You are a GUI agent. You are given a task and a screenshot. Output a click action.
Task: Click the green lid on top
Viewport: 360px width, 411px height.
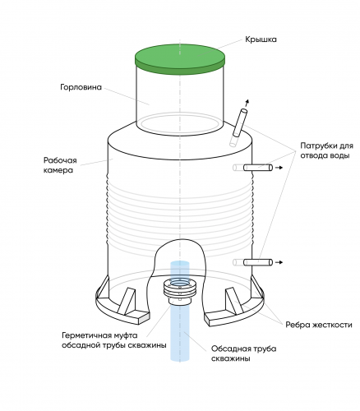(180, 59)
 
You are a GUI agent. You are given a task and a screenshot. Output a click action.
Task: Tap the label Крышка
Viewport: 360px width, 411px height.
(261, 39)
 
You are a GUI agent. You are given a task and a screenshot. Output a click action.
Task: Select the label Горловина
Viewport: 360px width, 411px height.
(81, 87)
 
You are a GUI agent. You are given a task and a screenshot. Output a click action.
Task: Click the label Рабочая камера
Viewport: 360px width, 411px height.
(60, 165)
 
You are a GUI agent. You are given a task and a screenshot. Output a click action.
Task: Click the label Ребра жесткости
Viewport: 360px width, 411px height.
(319, 325)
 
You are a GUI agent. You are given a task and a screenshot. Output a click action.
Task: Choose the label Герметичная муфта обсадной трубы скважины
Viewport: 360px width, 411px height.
(114, 340)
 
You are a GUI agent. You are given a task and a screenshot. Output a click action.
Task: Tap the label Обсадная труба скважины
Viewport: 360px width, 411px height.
(243, 353)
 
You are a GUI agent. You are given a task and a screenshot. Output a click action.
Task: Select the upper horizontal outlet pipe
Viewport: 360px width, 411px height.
(258, 168)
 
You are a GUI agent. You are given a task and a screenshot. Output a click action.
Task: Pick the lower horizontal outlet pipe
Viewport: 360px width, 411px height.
(258, 262)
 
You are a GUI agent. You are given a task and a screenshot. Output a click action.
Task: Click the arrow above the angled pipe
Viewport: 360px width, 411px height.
(247, 104)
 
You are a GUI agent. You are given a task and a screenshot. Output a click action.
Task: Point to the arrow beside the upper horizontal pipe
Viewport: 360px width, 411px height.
(279, 168)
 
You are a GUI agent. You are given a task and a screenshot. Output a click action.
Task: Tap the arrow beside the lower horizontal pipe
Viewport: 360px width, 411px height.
(279, 262)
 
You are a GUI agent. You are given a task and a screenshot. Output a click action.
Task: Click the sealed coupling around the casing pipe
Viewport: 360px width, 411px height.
(180, 292)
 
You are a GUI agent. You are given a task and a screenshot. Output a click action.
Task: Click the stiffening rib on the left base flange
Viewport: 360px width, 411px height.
(127, 301)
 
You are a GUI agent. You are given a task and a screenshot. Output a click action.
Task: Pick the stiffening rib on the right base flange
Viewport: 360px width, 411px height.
(234, 300)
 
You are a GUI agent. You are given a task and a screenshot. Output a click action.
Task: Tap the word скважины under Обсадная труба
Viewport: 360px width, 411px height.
(230, 358)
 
